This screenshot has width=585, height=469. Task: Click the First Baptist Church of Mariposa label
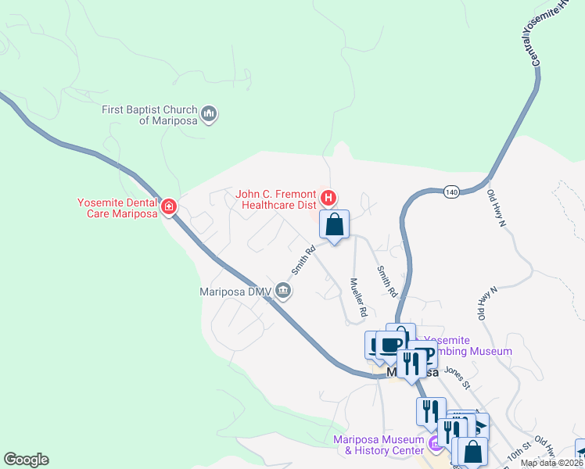tap(149, 115)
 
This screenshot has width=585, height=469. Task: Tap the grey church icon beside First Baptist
tap(209, 115)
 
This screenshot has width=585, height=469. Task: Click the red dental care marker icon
tap(169, 207)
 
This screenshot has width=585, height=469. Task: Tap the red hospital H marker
tap(329, 197)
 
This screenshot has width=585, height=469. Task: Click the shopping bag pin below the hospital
tap(335, 225)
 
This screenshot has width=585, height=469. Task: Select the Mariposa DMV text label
tap(231, 292)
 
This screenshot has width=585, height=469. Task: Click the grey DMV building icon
tap(283, 292)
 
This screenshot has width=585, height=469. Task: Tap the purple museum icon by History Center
tap(436, 444)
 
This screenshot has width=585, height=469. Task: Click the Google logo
tap(26, 460)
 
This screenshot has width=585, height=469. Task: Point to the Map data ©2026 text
tap(551, 463)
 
